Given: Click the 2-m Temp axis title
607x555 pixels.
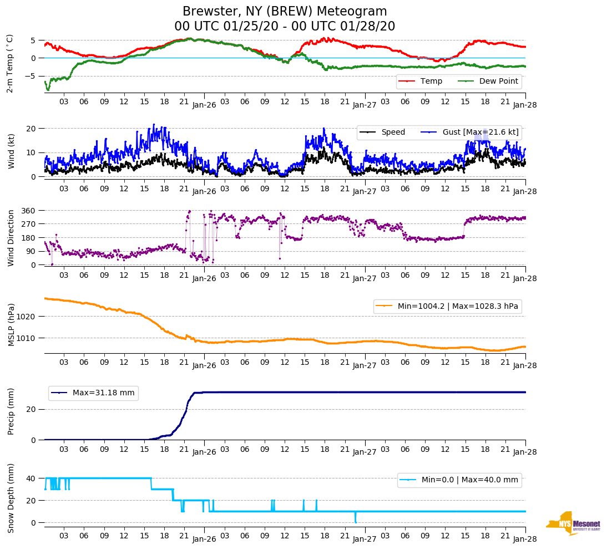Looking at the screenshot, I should click(x=9, y=63).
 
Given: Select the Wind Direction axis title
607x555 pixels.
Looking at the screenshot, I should click(x=11, y=238).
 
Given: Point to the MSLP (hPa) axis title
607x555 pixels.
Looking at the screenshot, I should click(x=11, y=325).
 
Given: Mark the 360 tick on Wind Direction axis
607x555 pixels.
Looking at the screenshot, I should click(x=29, y=211).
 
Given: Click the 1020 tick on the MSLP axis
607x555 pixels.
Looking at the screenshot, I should click(x=27, y=317).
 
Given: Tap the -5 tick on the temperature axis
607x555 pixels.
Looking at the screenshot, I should click(x=33, y=76).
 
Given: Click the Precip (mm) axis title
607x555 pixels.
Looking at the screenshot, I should click(x=11, y=412).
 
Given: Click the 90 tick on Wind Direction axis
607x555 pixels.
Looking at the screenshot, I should click(x=31, y=251).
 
